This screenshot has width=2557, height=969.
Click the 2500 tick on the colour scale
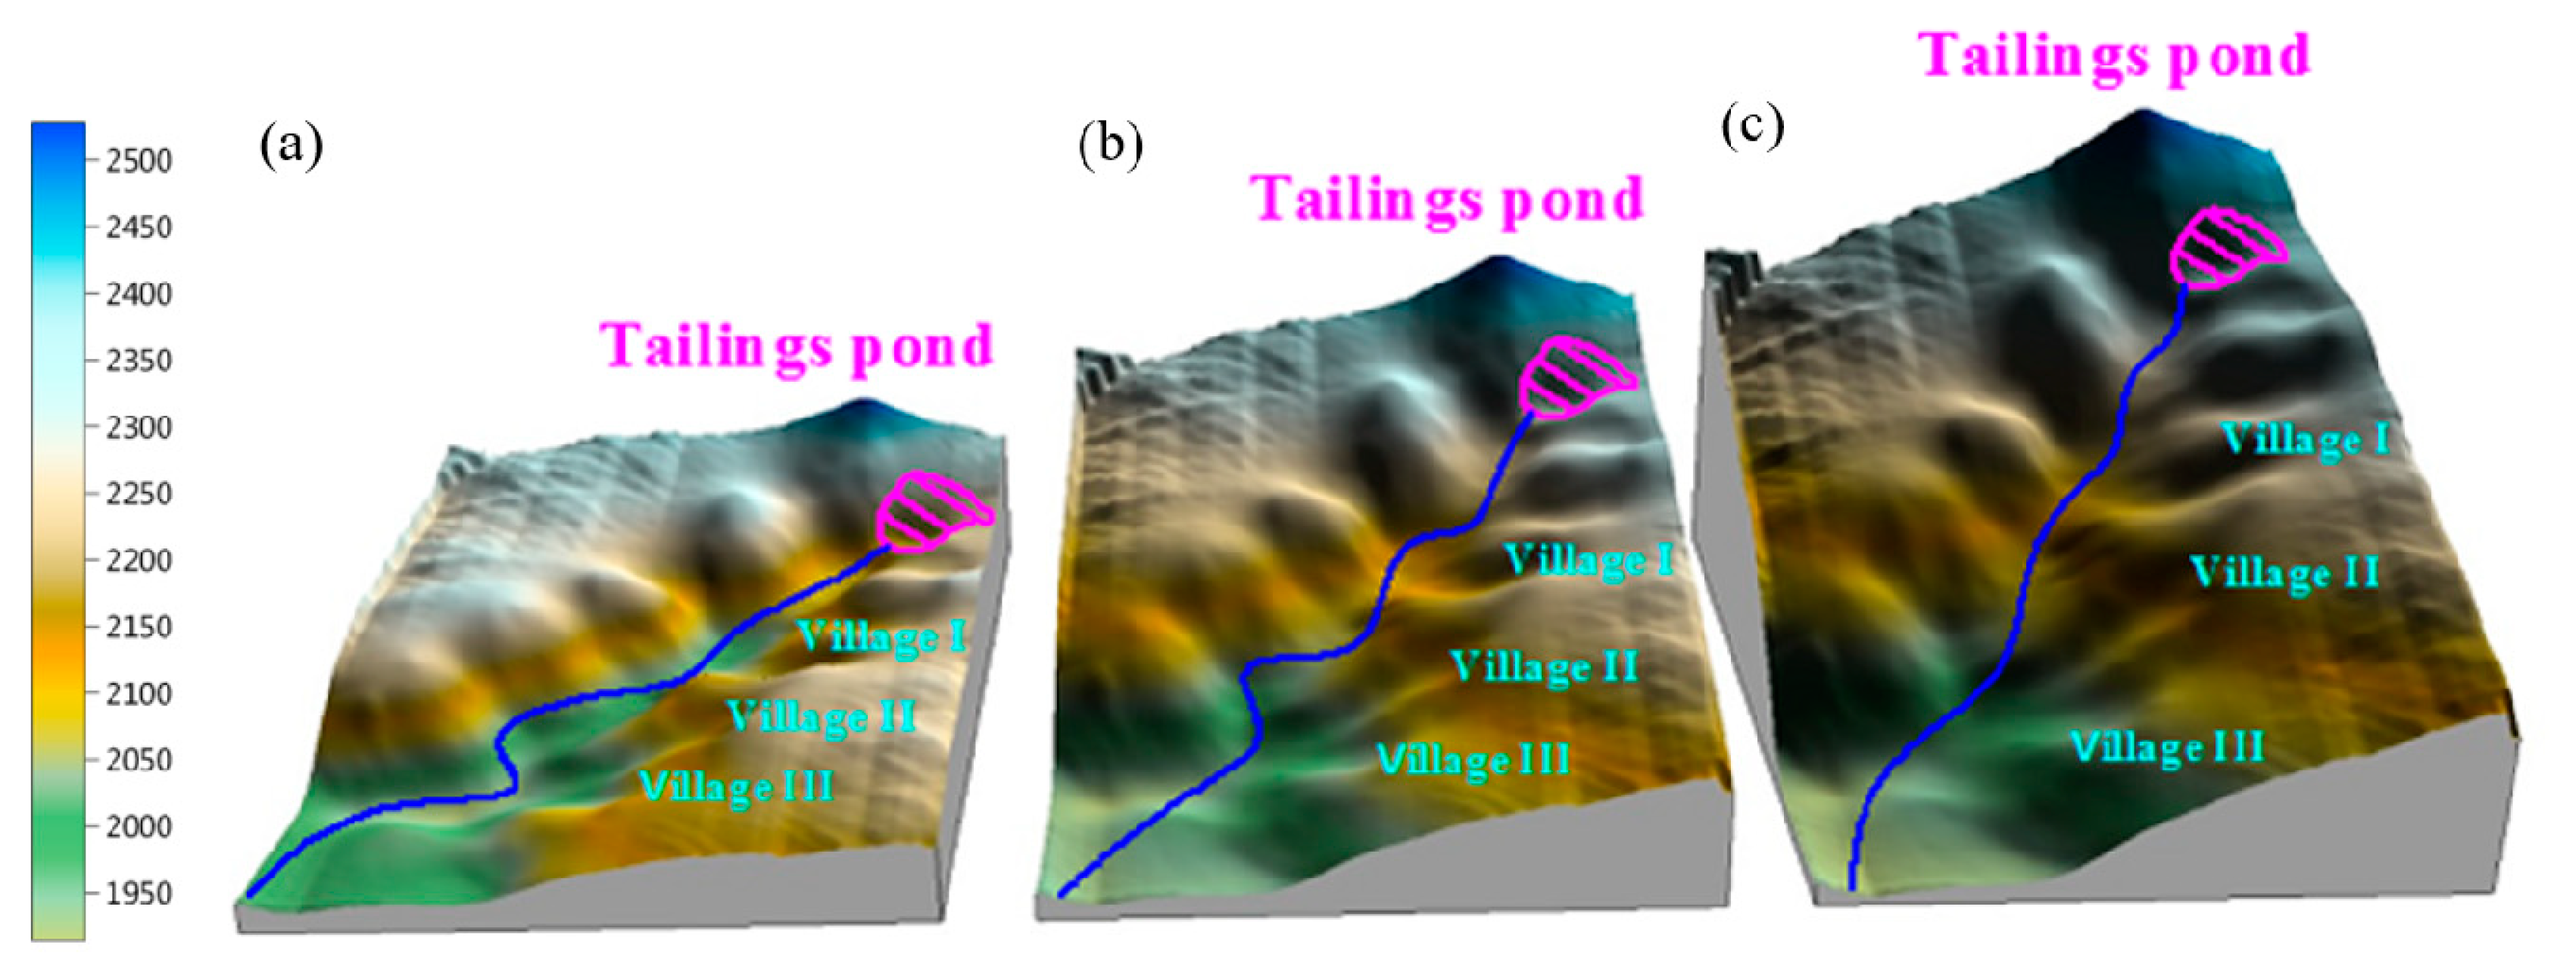coord(138,161)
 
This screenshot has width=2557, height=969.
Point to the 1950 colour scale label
coord(138,893)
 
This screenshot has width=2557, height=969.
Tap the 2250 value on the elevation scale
coord(138,493)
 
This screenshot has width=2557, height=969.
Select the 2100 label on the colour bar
coord(138,693)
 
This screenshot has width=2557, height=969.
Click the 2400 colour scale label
coord(138,294)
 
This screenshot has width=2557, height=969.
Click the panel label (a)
coord(291,146)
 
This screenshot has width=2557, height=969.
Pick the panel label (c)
coord(1752,126)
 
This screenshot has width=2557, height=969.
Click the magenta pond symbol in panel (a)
coord(931,511)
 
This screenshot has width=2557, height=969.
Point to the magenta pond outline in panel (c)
coord(2226,249)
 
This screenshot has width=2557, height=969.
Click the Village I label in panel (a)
coord(881,636)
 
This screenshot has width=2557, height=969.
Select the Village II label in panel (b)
coord(1544,666)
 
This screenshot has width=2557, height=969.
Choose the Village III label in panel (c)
coord(2167,746)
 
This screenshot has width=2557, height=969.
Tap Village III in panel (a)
coord(735,786)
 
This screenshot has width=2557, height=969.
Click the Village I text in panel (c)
coord(2305,439)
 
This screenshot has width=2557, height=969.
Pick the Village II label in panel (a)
coord(820,716)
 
